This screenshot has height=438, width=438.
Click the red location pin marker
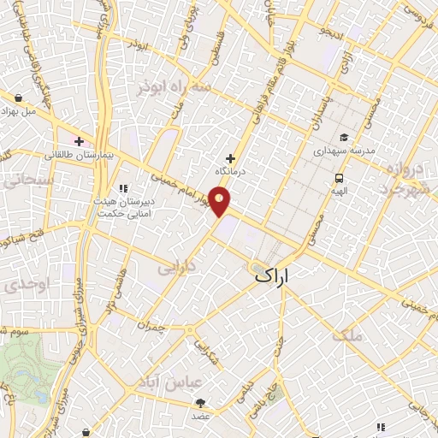(221, 202)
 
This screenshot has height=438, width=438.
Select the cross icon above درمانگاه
(230, 157)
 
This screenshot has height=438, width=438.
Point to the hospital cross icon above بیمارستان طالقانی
(79, 141)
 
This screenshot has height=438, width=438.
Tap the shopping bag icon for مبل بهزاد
(19, 98)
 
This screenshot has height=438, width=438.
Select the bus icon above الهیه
(340, 178)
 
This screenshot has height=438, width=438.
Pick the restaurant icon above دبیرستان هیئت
(123, 188)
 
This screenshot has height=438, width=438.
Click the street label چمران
(150, 326)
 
